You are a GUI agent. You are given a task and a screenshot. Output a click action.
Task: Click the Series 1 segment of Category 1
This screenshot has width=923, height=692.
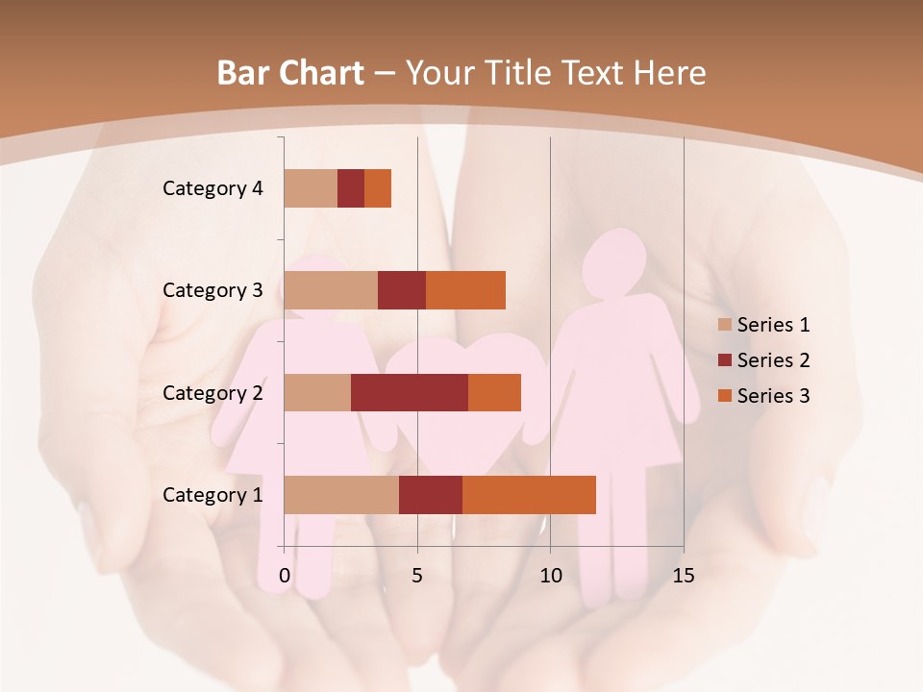click(341, 495)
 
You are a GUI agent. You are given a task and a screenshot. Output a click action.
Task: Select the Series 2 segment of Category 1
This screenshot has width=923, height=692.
click(431, 495)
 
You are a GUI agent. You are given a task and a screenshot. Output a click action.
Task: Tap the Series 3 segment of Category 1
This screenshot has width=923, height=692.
click(529, 495)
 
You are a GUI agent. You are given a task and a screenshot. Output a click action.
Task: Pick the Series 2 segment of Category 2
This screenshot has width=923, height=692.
click(410, 392)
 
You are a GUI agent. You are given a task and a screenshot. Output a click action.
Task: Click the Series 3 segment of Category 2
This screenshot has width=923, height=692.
click(494, 392)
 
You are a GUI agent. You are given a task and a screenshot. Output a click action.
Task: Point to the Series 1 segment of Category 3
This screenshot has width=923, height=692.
click(331, 290)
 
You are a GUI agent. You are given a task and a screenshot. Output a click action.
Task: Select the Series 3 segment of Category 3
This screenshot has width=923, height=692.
click(465, 290)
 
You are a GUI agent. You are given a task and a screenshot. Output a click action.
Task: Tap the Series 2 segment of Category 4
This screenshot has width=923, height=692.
click(351, 188)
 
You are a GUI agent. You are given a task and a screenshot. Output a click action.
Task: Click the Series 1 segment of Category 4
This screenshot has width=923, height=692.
click(311, 188)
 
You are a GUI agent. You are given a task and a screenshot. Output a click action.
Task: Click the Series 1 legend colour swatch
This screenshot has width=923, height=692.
click(725, 325)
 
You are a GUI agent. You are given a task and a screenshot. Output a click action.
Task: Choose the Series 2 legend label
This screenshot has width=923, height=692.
click(773, 360)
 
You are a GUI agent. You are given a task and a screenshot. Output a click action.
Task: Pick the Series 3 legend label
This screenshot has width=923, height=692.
click(773, 396)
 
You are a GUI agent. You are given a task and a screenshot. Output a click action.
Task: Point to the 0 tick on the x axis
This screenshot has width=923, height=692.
click(285, 576)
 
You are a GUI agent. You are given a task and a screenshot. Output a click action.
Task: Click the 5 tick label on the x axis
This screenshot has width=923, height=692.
click(417, 576)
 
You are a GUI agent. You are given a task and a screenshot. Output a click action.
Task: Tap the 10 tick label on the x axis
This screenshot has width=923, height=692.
click(550, 576)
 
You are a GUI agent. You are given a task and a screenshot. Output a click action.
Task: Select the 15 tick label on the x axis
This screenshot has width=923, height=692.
click(683, 576)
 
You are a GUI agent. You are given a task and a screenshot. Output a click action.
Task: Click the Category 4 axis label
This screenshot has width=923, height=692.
click(212, 188)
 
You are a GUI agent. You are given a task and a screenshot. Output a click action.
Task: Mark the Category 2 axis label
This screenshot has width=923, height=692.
click(212, 392)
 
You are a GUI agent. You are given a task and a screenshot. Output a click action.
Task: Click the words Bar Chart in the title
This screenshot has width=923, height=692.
click(290, 73)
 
